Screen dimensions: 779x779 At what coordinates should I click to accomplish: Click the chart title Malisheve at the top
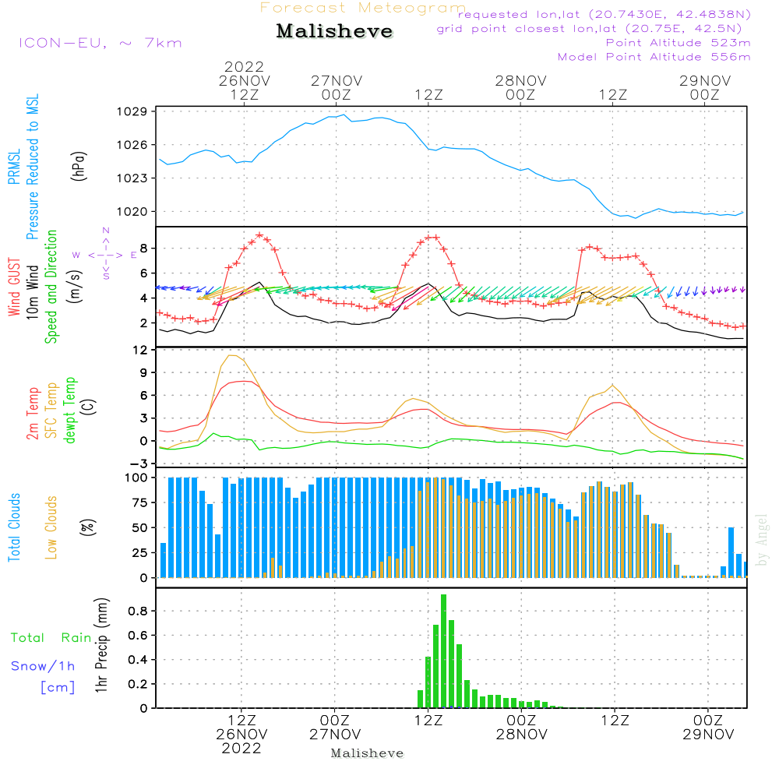334,31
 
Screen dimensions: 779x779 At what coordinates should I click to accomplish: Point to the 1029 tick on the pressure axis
132,111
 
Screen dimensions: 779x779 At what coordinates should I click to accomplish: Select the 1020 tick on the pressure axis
132,212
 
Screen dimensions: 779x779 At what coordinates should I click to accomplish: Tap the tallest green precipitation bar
444,650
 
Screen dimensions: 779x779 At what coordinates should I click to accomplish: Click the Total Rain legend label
51,637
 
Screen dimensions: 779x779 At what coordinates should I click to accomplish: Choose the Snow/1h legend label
43,666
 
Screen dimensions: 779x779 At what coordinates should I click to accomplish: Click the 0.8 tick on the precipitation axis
139,611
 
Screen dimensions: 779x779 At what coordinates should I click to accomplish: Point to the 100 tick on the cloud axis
136,478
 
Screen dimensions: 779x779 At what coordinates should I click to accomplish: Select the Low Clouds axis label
51,527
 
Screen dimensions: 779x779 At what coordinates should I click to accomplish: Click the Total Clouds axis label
14,527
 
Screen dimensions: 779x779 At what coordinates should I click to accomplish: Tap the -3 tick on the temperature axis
137,464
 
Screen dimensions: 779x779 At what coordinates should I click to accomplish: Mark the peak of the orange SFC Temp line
230,355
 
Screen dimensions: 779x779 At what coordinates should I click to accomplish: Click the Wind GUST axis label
14,287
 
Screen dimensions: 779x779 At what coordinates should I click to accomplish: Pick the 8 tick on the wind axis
144,248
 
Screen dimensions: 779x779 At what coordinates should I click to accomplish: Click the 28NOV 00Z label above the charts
520,87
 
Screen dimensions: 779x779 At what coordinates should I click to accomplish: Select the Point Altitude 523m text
678,43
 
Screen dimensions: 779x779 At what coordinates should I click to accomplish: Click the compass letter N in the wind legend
106,231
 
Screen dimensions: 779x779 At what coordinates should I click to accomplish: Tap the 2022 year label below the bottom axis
241,748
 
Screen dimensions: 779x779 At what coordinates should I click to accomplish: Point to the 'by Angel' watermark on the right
762,540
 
